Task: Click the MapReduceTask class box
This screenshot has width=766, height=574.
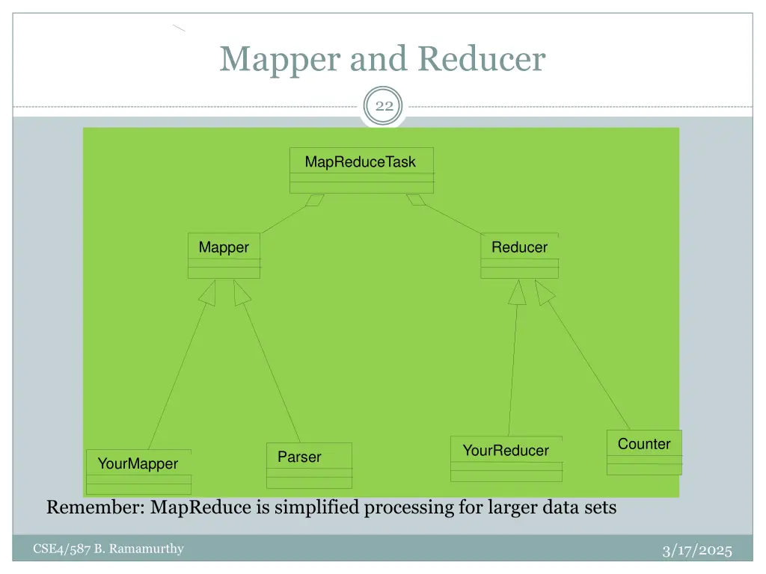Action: [x=361, y=170]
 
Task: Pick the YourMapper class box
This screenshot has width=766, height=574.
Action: [x=138, y=472]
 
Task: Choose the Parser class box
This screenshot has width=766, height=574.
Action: [x=309, y=466]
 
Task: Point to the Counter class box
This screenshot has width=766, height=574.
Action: [x=644, y=452]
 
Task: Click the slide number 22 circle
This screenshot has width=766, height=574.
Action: [x=384, y=106]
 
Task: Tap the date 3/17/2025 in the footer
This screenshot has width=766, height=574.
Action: [x=697, y=551]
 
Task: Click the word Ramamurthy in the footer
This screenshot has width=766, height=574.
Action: [x=147, y=549]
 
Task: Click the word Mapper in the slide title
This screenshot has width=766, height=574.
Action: [x=281, y=59]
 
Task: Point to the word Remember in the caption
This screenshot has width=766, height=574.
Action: [x=95, y=508]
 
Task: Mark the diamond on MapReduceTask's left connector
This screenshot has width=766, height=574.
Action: [x=315, y=200]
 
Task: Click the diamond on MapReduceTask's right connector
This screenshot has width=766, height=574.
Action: [x=415, y=200]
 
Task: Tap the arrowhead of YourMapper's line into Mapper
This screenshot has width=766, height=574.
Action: [x=209, y=293]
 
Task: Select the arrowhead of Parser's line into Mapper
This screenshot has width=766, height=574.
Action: [x=241, y=293]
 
